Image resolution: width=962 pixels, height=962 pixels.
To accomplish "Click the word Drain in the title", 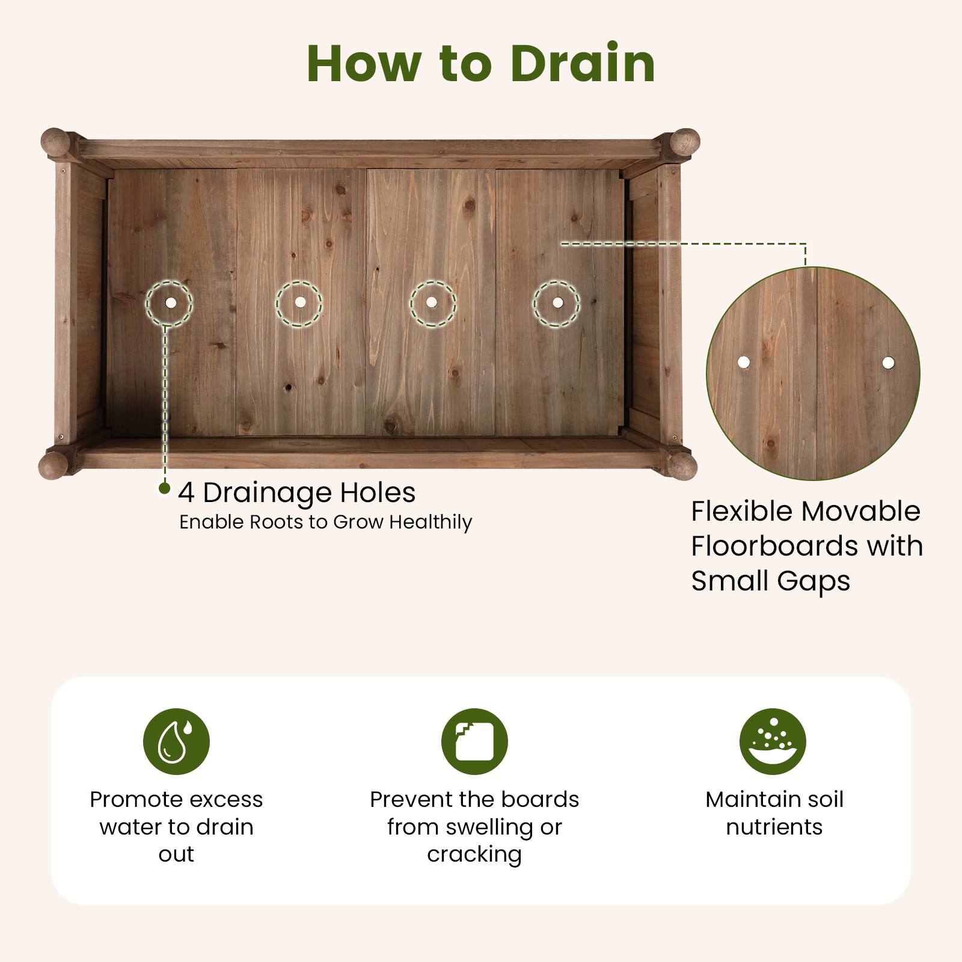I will [582, 64].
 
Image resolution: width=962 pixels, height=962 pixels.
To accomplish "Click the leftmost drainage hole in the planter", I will [170, 303].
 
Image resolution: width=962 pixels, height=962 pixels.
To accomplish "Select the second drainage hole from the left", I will [299, 302].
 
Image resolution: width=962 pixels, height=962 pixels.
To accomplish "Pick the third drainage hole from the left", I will [432, 302].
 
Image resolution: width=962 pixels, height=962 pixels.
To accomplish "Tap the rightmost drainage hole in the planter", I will [557, 302].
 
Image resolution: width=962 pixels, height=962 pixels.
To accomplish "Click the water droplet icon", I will [176, 741].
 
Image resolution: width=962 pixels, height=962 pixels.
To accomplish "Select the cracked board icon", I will [474, 741].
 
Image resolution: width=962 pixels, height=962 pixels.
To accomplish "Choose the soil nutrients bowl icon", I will [773, 741].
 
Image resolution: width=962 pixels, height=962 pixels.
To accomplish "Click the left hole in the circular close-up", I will [744, 362].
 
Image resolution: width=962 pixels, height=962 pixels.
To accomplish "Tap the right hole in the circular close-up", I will [888, 363].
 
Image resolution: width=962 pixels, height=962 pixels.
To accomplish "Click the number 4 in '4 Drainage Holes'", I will [186, 493].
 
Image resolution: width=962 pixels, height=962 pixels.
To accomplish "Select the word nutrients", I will [774, 827].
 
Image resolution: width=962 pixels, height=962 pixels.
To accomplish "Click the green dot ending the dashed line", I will [164, 488].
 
